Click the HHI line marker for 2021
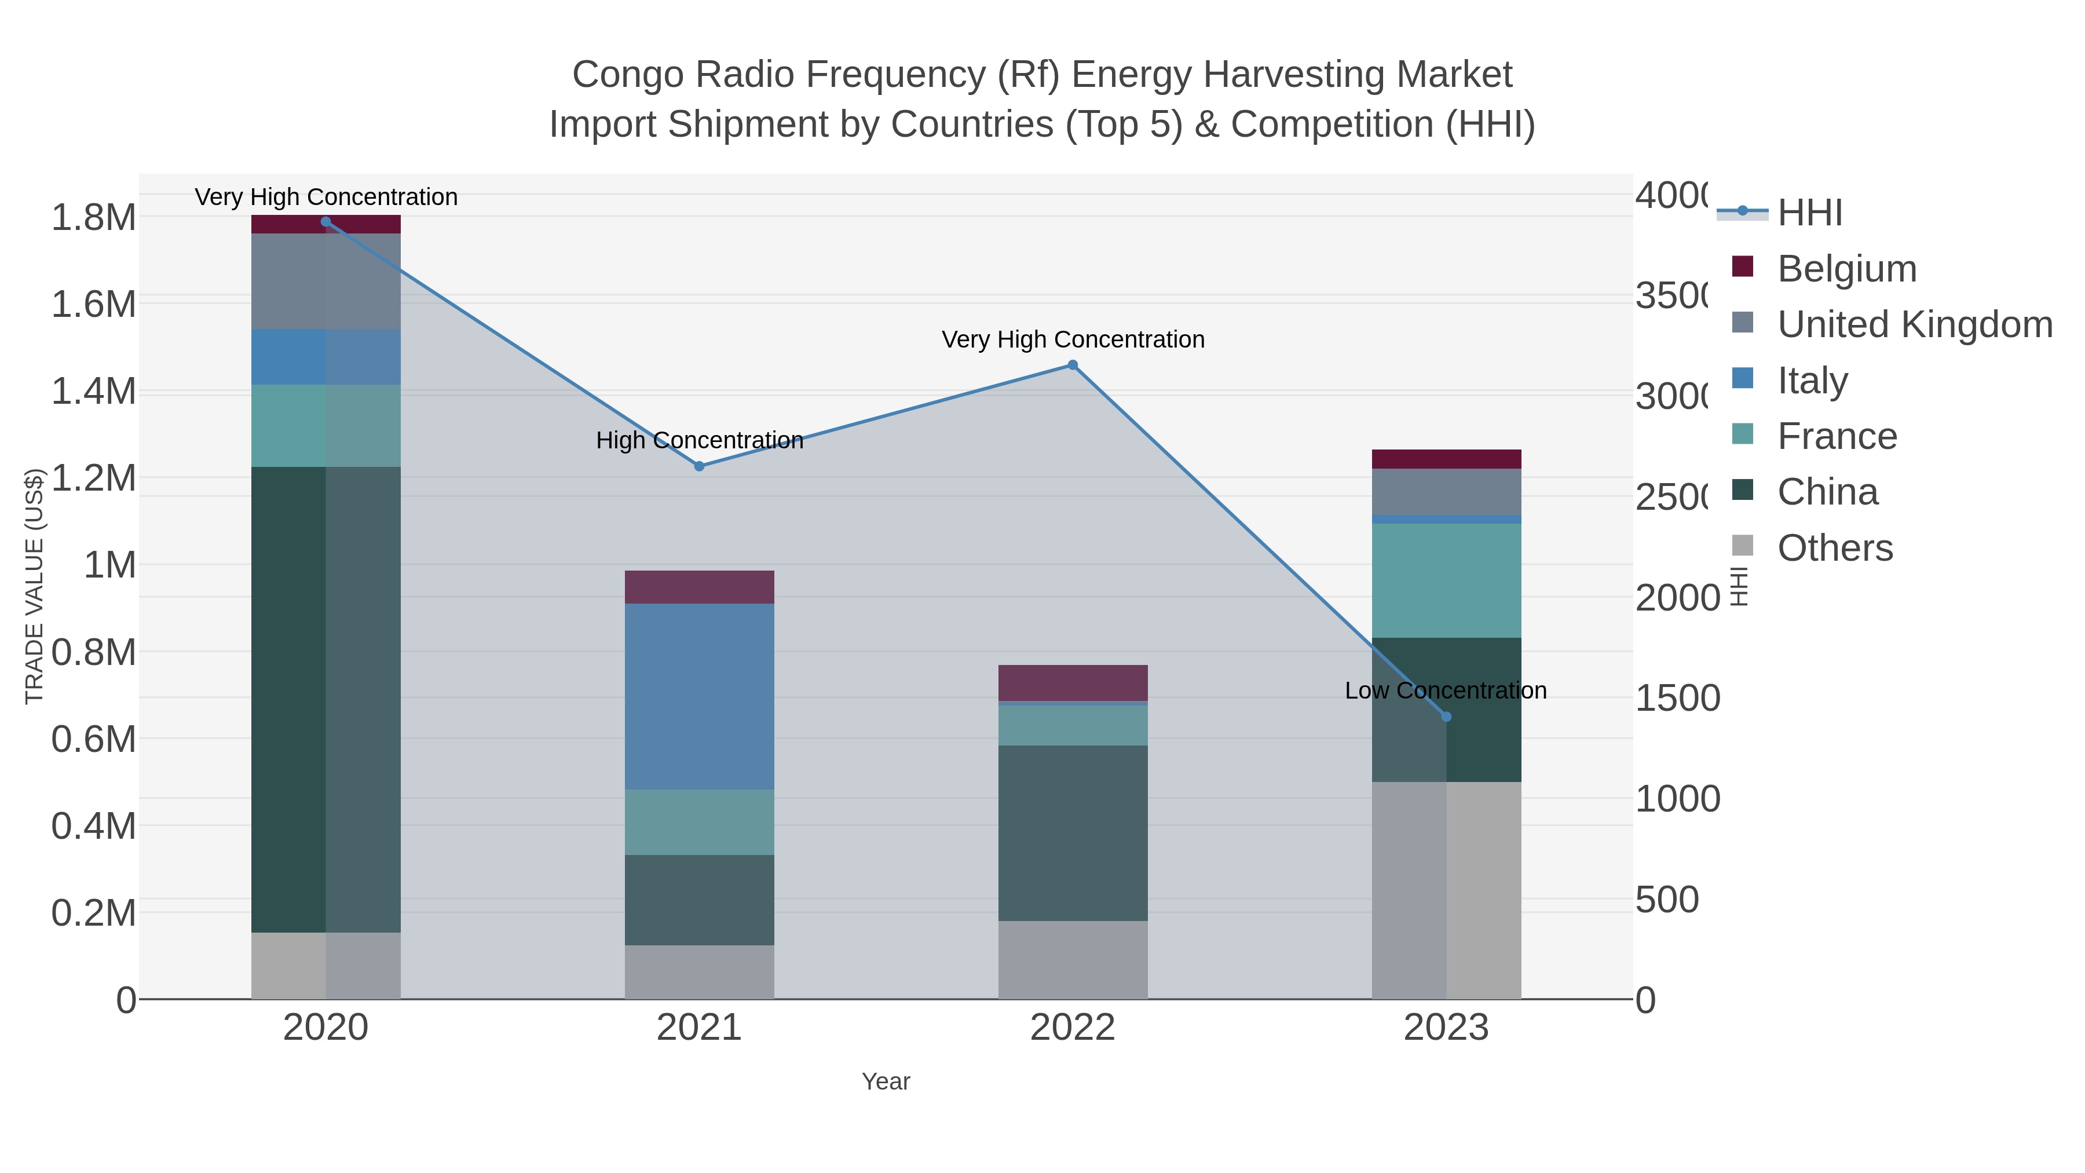(x=699, y=466)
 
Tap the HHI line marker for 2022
(x=1073, y=365)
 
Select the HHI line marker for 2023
(x=1446, y=717)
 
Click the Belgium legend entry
(x=1846, y=269)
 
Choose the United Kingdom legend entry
(x=1914, y=324)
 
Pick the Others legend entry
(x=1834, y=548)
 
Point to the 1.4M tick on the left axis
(x=93, y=392)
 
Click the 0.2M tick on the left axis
(x=93, y=913)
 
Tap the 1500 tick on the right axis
(x=1677, y=699)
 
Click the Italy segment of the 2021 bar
(x=699, y=696)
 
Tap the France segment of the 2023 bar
(x=1446, y=580)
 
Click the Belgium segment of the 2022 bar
(x=1073, y=682)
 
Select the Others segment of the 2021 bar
(x=699, y=971)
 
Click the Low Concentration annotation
(x=1446, y=690)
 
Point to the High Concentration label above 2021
(x=699, y=440)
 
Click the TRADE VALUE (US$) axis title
(x=34, y=586)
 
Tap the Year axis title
(x=886, y=1081)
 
